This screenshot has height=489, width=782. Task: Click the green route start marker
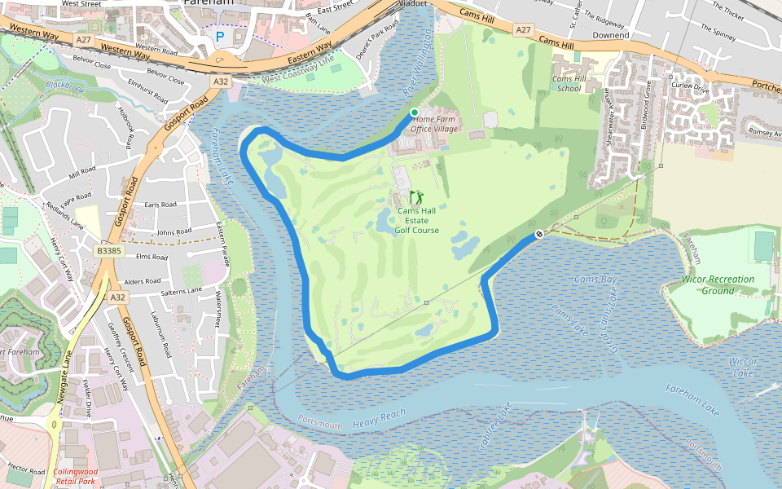(414, 112)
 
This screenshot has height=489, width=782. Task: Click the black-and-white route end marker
(538, 235)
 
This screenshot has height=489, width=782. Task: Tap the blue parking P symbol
(219, 37)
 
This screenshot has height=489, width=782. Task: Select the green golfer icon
(417, 197)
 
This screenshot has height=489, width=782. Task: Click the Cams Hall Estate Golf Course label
(417, 220)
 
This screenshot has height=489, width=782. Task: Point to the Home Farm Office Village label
(436, 124)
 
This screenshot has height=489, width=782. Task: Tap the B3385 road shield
(108, 252)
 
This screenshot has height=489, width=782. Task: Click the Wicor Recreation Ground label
(718, 284)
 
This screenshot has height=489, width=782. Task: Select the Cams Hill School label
(569, 83)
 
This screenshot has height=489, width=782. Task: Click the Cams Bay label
(595, 280)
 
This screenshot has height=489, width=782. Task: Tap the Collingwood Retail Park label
(75, 476)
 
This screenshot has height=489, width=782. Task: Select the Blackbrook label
(65, 84)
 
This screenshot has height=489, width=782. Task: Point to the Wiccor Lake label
(743, 366)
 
